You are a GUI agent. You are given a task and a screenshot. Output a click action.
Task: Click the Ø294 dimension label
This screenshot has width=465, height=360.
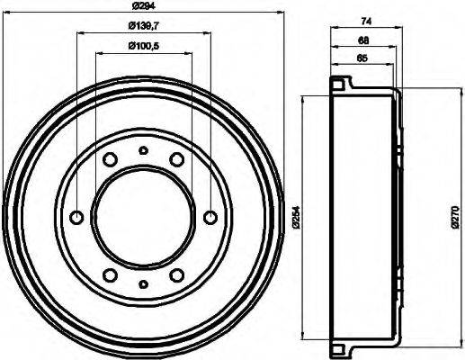point(141,8)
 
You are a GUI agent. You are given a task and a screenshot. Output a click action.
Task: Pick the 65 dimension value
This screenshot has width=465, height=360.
point(338,60)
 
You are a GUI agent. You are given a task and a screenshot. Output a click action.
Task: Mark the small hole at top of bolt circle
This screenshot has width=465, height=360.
point(142,150)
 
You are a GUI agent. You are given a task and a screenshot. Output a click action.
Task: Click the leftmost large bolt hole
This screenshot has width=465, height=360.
point(76,217)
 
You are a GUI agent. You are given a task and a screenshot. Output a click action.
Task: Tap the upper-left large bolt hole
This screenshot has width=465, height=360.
point(109,159)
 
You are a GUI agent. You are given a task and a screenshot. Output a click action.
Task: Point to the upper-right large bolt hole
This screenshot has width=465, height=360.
point(176,159)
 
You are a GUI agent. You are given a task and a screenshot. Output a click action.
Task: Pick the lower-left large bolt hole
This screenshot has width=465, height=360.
point(109,274)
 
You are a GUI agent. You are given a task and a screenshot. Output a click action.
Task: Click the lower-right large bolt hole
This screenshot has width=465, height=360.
point(176,274)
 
